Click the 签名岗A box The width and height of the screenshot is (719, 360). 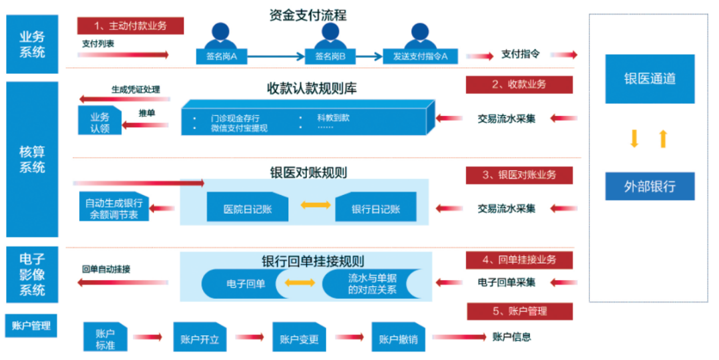click(x=221, y=57)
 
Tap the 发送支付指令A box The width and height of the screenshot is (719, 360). click(x=420, y=57)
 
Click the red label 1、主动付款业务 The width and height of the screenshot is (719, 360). click(x=130, y=26)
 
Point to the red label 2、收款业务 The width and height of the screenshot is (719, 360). click(x=519, y=85)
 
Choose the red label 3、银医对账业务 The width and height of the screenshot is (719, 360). click(x=519, y=175)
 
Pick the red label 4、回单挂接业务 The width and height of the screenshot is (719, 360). click(x=519, y=260)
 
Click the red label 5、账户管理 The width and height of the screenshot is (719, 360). click(x=519, y=311)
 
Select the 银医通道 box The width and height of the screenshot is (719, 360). click(x=649, y=79)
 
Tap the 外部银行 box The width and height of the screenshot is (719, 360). click(x=649, y=186)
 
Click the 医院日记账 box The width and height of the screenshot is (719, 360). click(x=247, y=208)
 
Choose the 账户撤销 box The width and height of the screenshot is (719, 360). click(x=397, y=338)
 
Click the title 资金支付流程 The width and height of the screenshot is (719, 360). click(x=308, y=15)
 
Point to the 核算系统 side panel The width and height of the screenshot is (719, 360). click(x=33, y=159)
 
